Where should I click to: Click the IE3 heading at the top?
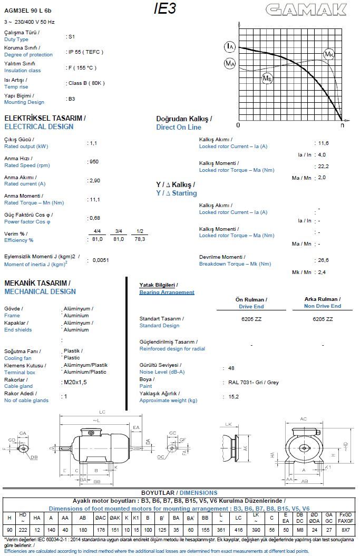(x=164, y=9)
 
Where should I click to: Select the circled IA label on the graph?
(x=230, y=47)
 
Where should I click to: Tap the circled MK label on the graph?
(x=329, y=54)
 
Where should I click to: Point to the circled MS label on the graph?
(x=267, y=79)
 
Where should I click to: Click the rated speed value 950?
(x=94, y=162)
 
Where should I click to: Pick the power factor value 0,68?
(x=95, y=218)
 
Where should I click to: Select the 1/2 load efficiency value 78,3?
(x=140, y=239)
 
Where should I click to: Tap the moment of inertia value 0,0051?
(x=102, y=260)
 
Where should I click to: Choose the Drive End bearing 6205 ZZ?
(x=251, y=319)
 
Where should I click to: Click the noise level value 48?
(x=231, y=368)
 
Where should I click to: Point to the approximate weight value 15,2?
(x=233, y=397)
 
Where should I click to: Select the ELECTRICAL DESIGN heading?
(x=39, y=126)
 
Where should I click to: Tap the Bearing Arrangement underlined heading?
(x=167, y=292)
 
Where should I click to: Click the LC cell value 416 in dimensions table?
(x=238, y=529)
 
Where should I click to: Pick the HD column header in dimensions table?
(x=23, y=517)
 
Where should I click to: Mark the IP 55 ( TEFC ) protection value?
(x=85, y=52)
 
